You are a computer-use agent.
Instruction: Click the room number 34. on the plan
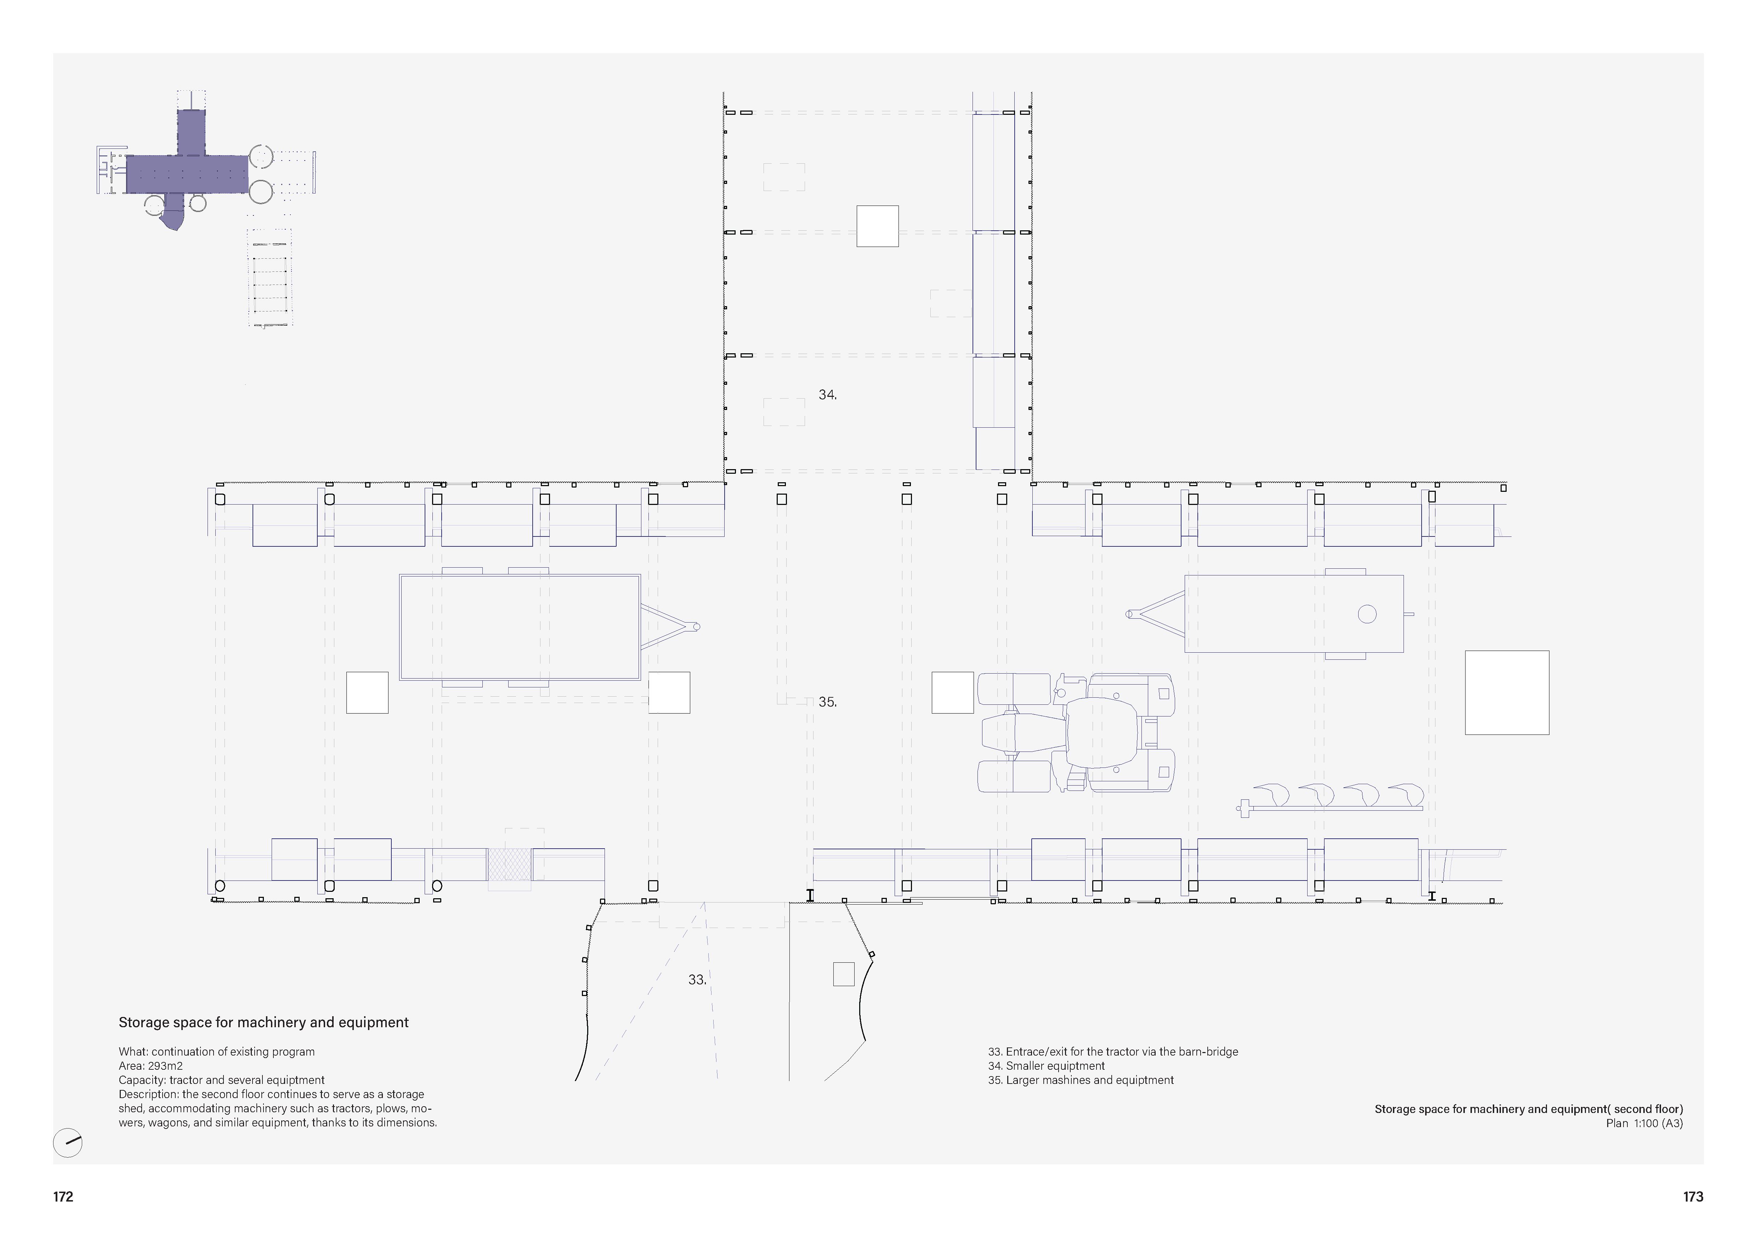click(827, 395)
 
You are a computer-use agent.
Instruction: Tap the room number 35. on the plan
click(827, 702)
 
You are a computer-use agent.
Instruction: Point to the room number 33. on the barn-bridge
click(696, 980)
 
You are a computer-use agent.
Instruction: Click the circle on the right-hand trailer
click(1367, 614)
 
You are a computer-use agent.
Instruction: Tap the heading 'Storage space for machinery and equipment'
click(263, 1023)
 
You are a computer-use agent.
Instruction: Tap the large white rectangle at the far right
click(1506, 693)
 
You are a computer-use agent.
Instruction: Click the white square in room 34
click(877, 226)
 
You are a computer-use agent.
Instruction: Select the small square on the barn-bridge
click(843, 974)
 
